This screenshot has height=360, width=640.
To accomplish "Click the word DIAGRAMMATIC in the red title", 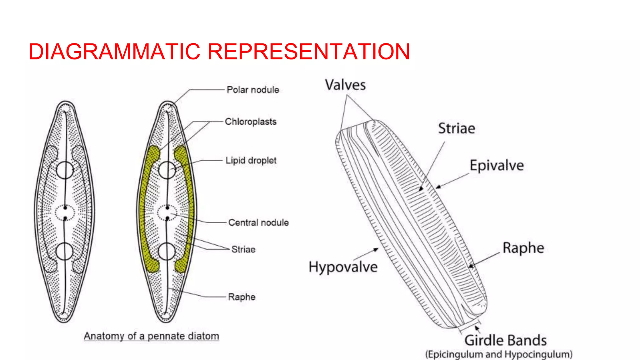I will [x=114, y=52].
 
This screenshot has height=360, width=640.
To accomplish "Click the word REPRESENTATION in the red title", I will [x=308, y=52].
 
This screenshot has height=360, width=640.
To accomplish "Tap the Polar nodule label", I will [x=253, y=90].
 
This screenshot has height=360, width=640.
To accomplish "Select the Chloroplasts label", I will [x=251, y=122].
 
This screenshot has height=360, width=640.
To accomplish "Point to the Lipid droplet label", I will [x=251, y=161].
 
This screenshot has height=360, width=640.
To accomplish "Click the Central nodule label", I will [x=258, y=222].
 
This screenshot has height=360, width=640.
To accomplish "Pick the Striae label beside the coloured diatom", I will [x=243, y=249].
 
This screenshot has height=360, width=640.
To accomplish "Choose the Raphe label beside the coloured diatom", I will [x=242, y=297].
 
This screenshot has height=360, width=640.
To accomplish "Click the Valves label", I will [x=345, y=85].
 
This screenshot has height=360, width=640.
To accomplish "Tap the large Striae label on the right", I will [x=457, y=128].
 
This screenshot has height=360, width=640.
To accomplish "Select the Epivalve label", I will [x=497, y=166].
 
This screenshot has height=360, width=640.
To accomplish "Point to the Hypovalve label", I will [x=343, y=267].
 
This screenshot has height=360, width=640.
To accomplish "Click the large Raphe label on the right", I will [x=523, y=248].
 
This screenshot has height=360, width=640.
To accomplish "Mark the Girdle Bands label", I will [x=505, y=340].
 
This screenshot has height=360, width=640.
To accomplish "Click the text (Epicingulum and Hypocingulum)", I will [x=499, y=354].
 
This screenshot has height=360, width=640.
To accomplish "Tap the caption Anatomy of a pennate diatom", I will [x=151, y=336].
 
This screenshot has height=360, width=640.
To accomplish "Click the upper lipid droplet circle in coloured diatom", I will [x=167, y=170].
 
